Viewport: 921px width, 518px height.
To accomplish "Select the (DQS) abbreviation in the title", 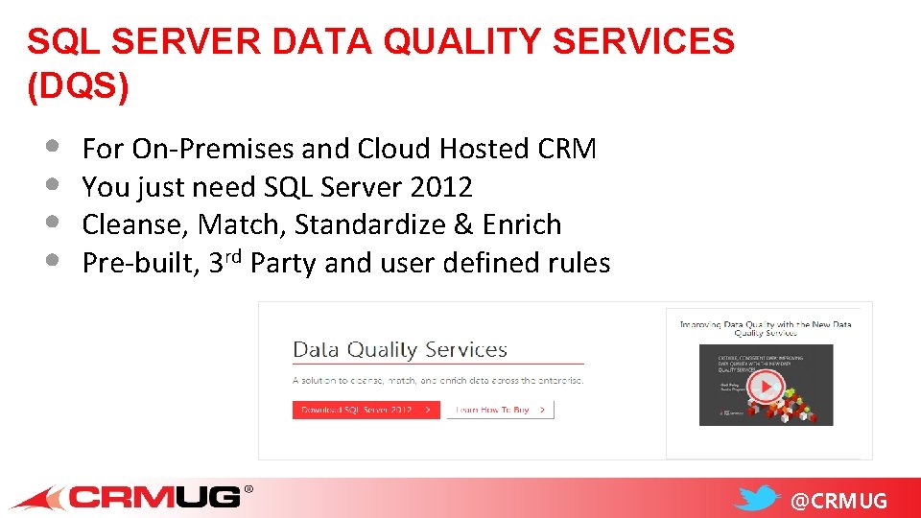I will click(x=78, y=86).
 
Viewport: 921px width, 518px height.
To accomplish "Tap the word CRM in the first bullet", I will click(x=567, y=149).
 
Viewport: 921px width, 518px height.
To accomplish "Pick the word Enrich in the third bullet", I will click(x=522, y=224).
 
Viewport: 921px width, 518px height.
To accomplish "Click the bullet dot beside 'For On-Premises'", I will click(x=52, y=147).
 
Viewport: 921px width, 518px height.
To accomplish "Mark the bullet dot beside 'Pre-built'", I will click(x=52, y=260).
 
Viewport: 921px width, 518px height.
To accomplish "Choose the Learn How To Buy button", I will click(x=500, y=410).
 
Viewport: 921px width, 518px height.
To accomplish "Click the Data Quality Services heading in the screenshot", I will click(x=399, y=349).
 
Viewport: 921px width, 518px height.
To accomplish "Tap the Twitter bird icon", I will click(x=759, y=499).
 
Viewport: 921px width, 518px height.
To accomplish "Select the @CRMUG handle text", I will click(x=838, y=501).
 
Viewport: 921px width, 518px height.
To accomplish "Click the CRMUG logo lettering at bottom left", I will click(x=153, y=497).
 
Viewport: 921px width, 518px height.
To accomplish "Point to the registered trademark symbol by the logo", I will click(x=249, y=489).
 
